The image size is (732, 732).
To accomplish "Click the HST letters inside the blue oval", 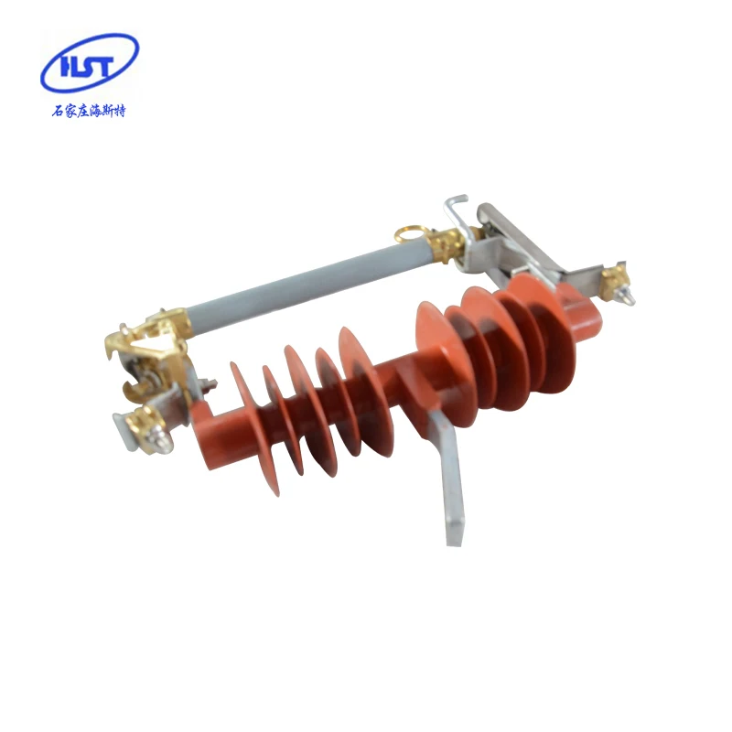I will (89, 65).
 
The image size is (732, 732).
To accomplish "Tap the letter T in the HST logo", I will (108, 65).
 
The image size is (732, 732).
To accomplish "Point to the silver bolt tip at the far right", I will (629, 297).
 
